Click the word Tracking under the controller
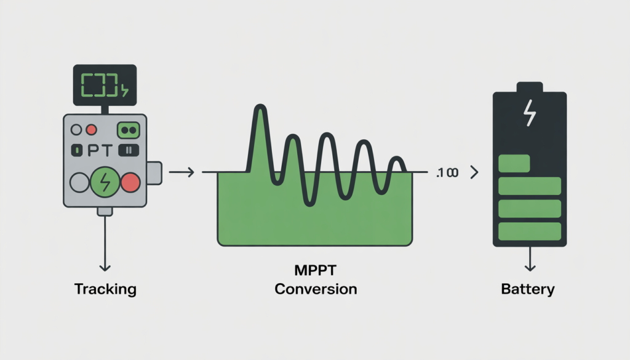tap(105, 289)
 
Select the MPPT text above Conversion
tap(315, 271)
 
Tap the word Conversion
tap(315, 289)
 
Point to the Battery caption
tap(528, 289)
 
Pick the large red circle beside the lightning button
tap(130, 183)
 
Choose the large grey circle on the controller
tap(80, 183)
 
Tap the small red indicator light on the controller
tap(91, 130)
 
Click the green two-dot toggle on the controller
tap(129, 130)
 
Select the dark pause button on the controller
tap(129, 150)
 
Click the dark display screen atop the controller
tap(103, 85)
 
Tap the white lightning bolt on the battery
tap(529, 114)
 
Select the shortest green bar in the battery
tap(514, 164)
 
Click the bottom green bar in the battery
tap(529, 231)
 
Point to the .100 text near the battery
tap(445, 174)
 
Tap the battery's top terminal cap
tap(529, 87)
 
